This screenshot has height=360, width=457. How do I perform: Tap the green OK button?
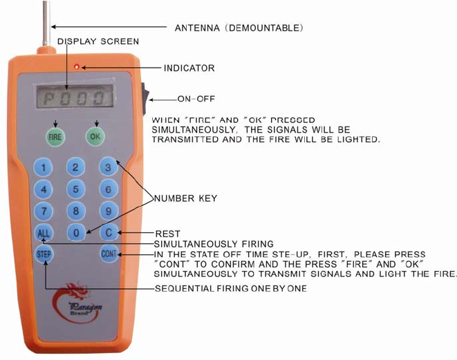[x=95, y=136]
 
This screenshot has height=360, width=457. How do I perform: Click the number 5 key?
[x=75, y=188]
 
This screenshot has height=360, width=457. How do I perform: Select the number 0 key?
[x=77, y=234]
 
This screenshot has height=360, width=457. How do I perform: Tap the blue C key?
[x=109, y=233]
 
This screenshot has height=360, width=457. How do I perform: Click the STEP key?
[x=44, y=254]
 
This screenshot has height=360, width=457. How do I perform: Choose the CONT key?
[x=109, y=254]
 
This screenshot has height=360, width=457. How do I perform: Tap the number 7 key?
[x=44, y=211]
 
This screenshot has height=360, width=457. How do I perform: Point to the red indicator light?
[x=80, y=67]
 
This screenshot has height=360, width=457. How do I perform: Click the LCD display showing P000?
[x=75, y=98]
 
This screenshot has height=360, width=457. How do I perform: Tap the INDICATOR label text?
[x=189, y=68]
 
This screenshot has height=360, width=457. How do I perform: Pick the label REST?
[x=169, y=234]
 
